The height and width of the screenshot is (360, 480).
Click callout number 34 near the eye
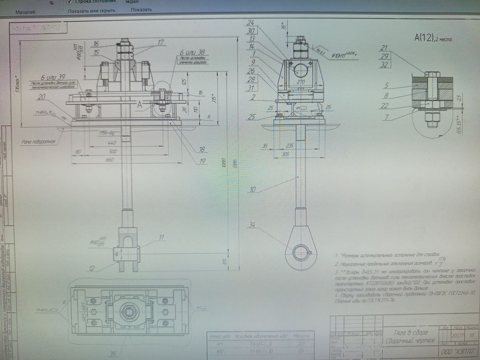tap(252, 224)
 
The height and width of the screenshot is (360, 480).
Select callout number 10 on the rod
tap(252, 190)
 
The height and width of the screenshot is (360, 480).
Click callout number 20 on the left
tap(41, 97)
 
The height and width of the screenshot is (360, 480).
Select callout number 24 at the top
tap(251, 23)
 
